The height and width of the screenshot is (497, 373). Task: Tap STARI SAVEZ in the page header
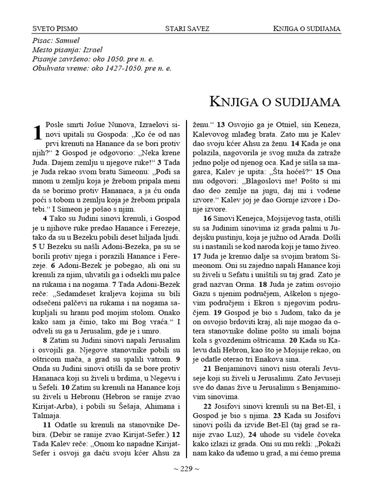click(187, 29)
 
